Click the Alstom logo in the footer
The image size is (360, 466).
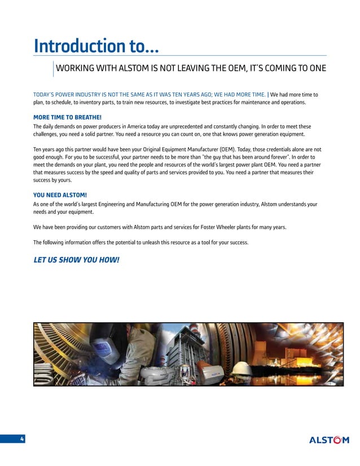[329, 440]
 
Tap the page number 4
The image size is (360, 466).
[21, 439]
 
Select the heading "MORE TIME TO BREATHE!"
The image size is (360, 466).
[67, 117]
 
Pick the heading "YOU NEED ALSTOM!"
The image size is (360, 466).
[60, 195]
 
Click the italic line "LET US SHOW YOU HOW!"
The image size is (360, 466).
[76, 261]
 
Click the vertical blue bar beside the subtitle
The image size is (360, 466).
[53, 68]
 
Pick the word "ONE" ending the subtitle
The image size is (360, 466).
[317, 69]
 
